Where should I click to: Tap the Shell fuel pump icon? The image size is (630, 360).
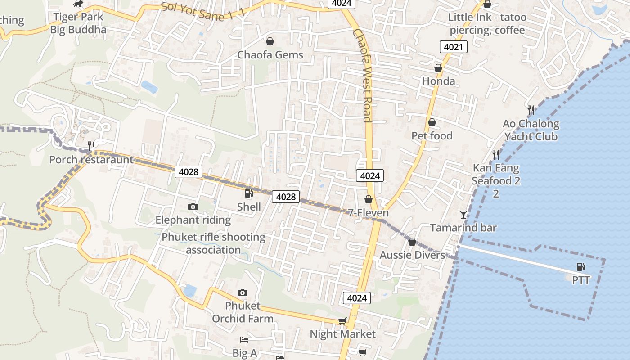click(248, 193)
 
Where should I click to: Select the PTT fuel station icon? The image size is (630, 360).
click(581, 267)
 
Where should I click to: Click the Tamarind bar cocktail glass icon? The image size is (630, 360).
click(463, 214)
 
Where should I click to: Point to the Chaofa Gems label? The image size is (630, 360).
click(270, 55)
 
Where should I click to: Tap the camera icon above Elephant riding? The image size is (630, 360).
click(193, 207)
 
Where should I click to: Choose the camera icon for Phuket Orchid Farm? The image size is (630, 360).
click(243, 292)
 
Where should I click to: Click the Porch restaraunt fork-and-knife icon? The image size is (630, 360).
click(91, 145)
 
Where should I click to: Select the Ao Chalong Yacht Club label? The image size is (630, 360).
click(531, 130)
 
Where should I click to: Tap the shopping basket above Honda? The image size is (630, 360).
click(438, 68)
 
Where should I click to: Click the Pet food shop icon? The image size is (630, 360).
click(432, 122)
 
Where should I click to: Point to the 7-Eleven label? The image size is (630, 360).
click(369, 212)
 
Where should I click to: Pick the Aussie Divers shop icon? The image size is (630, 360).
click(412, 242)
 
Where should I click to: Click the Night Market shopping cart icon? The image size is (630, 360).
click(342, 321)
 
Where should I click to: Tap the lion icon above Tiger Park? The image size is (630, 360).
click(78, 4)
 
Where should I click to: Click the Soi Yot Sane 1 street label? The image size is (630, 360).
click(202, 11)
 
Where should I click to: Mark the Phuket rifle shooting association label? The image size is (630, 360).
click(213, 243)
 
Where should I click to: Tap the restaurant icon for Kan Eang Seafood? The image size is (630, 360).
click(496, 155)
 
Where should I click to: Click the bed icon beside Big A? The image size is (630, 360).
click(244, 339)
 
